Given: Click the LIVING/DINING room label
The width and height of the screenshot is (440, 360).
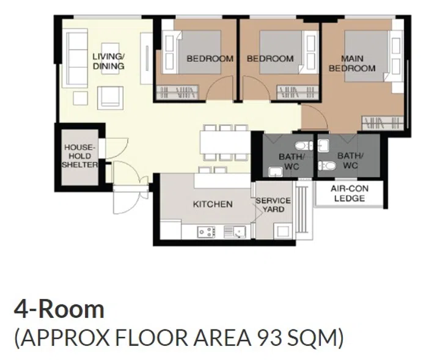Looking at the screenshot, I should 109,61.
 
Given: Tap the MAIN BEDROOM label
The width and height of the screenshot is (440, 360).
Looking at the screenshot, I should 352,64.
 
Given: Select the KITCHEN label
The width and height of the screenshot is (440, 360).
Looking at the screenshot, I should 213,204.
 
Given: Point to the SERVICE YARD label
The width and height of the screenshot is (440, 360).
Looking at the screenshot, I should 273,205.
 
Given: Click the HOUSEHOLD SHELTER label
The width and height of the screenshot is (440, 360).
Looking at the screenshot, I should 80,156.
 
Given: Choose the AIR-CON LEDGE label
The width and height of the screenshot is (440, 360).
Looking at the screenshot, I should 350,194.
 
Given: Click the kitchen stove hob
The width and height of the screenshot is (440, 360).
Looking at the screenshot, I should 206,232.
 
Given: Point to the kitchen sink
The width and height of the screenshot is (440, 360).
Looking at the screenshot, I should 234,232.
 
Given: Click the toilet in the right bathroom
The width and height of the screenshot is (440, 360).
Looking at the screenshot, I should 329,164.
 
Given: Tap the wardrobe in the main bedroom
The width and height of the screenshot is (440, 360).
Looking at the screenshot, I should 381,122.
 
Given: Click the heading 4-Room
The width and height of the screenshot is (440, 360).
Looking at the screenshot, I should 59,309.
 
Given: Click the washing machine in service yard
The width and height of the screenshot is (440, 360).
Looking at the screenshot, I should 283,231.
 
